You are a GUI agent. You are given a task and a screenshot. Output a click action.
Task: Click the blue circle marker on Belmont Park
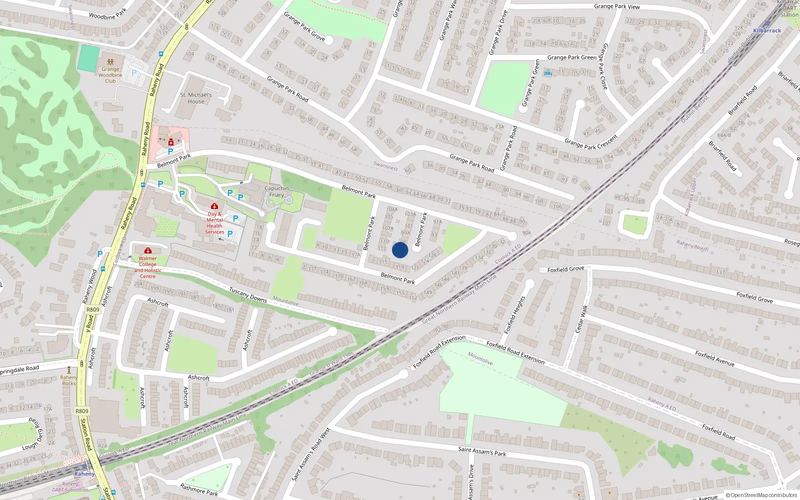400,250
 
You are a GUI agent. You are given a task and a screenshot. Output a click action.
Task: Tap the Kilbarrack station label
767,30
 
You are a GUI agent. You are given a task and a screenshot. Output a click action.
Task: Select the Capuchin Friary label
276,191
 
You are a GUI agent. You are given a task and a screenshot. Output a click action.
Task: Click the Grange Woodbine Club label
110,75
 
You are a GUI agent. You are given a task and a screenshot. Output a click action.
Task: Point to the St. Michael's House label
196,98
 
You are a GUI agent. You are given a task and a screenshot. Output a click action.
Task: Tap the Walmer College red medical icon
147,250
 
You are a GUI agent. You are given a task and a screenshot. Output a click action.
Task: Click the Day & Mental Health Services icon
214,206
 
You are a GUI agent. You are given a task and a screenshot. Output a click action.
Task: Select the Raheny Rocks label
69,380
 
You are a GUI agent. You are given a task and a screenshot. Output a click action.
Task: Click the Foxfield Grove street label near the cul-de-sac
565,269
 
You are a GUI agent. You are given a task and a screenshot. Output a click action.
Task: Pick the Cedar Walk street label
581,319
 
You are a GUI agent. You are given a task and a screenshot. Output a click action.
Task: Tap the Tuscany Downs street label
248,294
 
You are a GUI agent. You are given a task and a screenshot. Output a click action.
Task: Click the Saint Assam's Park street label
482,451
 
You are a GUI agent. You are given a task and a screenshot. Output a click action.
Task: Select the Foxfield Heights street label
514,315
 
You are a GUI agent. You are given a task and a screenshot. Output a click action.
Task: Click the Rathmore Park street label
199,489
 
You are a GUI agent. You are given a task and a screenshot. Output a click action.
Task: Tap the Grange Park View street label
616,6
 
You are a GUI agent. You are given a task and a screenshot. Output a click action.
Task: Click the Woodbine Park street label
107,15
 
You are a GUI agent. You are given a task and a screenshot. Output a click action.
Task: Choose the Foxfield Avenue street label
714,358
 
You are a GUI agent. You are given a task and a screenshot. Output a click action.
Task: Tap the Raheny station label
84,473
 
